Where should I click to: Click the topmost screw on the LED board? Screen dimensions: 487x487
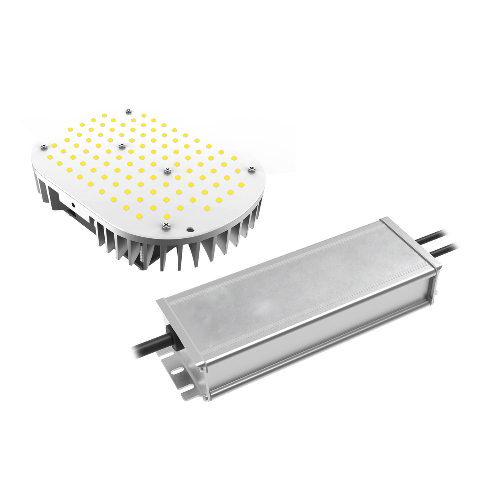128,111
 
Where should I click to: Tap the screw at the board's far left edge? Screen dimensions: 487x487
42,147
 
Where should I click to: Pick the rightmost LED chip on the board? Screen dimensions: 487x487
241,185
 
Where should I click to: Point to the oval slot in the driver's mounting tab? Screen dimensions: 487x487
176,371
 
